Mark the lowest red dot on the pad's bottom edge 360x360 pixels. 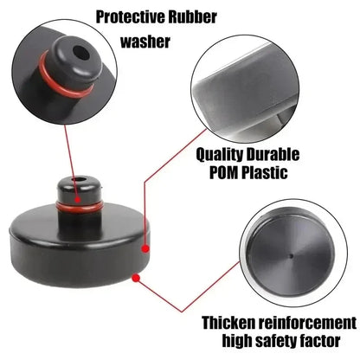[134, 277]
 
